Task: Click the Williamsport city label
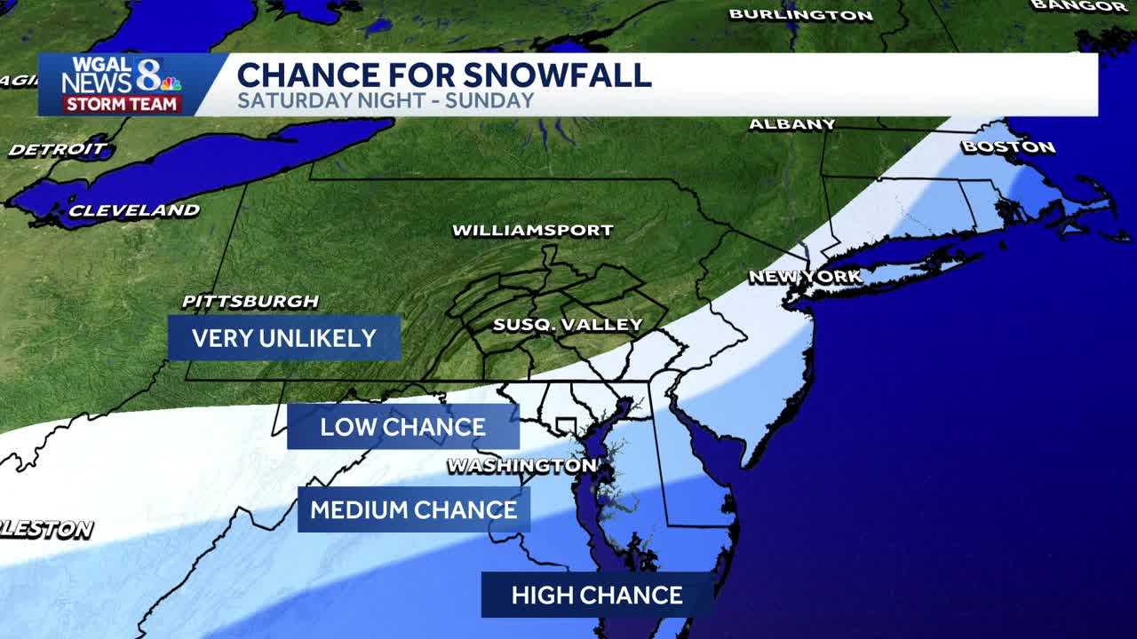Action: (532, 231)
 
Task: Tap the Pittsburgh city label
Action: (250, 302)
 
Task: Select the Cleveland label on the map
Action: (134, 211)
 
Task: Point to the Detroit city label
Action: (58, 149)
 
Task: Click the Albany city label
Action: (791, 124)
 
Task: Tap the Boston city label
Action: (1008, 146)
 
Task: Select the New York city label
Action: (805, 277)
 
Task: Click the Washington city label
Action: (521, 466)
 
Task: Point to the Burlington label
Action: (800, 14)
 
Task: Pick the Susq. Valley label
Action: (567, 325)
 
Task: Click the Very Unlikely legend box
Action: (284, 338)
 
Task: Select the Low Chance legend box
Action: (402, 427)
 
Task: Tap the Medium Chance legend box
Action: (413, 509)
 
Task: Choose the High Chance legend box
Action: (597, 595)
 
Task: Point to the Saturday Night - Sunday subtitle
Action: (386, 100)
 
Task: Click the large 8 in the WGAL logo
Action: (147, 75)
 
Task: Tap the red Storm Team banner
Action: (122, 104)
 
